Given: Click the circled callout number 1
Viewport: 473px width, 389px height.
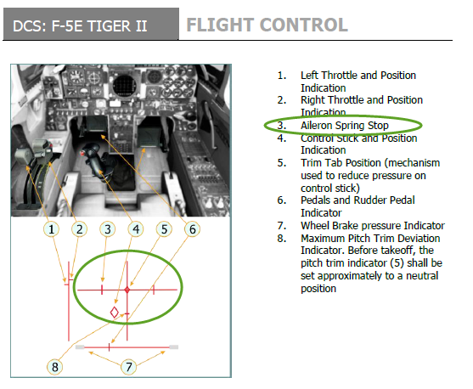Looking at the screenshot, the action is [52, 229].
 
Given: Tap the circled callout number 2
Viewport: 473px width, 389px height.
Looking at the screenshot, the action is [79, 229].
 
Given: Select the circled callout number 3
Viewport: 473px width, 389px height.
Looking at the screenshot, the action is [108, 229].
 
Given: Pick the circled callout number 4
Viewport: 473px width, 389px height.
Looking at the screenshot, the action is [136, 229].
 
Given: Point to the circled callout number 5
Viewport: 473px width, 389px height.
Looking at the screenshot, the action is [164, 229].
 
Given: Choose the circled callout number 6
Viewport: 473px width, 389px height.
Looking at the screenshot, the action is [193, 229].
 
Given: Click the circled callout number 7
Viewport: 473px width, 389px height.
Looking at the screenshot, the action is [129, 367].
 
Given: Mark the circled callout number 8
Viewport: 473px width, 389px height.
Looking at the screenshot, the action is [55, 367].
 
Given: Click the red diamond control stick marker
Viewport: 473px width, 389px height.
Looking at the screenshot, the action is [115, 313].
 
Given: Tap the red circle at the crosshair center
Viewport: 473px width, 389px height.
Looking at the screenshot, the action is [127, 290].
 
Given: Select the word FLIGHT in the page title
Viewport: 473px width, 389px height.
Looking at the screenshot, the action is [220, 25].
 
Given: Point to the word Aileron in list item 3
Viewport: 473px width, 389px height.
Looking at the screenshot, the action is [317, 125].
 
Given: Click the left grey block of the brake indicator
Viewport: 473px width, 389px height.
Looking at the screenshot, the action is [80, 347].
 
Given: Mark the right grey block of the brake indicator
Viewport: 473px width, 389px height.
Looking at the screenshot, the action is [174, 347].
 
